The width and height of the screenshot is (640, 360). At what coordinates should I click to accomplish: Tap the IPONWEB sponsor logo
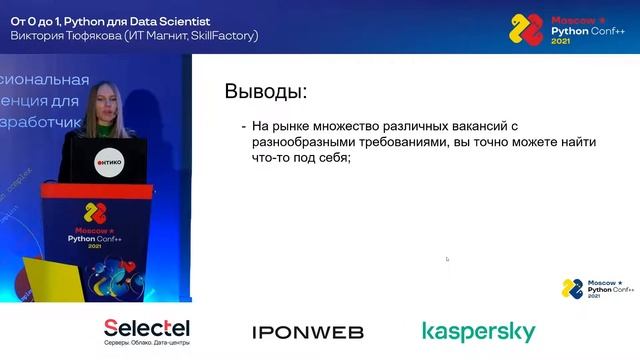click(307, 332)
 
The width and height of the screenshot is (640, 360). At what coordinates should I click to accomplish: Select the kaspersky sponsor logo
click(478, 332)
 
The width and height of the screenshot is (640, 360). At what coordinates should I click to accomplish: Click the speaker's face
click(105, 101)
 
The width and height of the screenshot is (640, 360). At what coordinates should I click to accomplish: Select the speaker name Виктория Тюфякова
click(64, 35)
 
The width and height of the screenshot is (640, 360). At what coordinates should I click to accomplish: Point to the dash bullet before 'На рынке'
click(243, 128)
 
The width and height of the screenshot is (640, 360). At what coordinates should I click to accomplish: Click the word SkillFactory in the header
click(225, 35)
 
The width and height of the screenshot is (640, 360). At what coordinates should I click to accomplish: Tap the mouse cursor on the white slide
click(447, 259)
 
